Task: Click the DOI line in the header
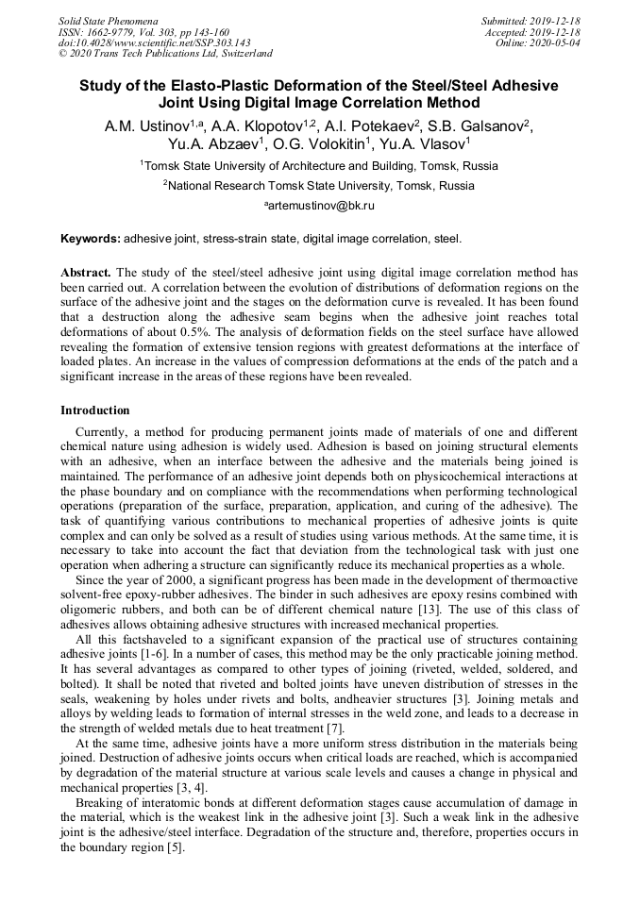coord(154,42)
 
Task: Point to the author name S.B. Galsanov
coord(481,126)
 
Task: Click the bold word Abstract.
coord(86,272)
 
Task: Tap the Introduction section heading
coord(95,411)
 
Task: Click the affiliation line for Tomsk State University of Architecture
coord(319,165)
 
